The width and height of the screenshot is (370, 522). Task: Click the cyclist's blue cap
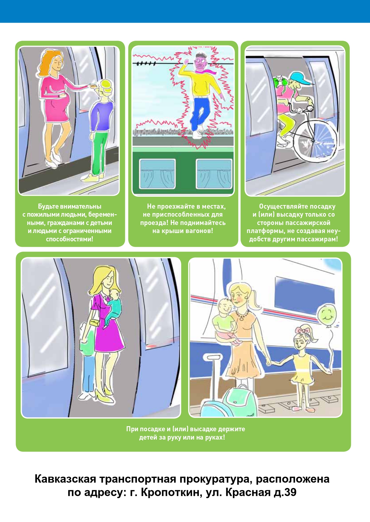[x=301, y=79]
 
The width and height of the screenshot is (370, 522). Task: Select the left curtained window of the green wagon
[x=157, y=174]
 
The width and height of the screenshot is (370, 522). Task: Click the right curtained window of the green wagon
[x=213, y=174]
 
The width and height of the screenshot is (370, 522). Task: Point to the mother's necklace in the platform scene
[x=242, y=315]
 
